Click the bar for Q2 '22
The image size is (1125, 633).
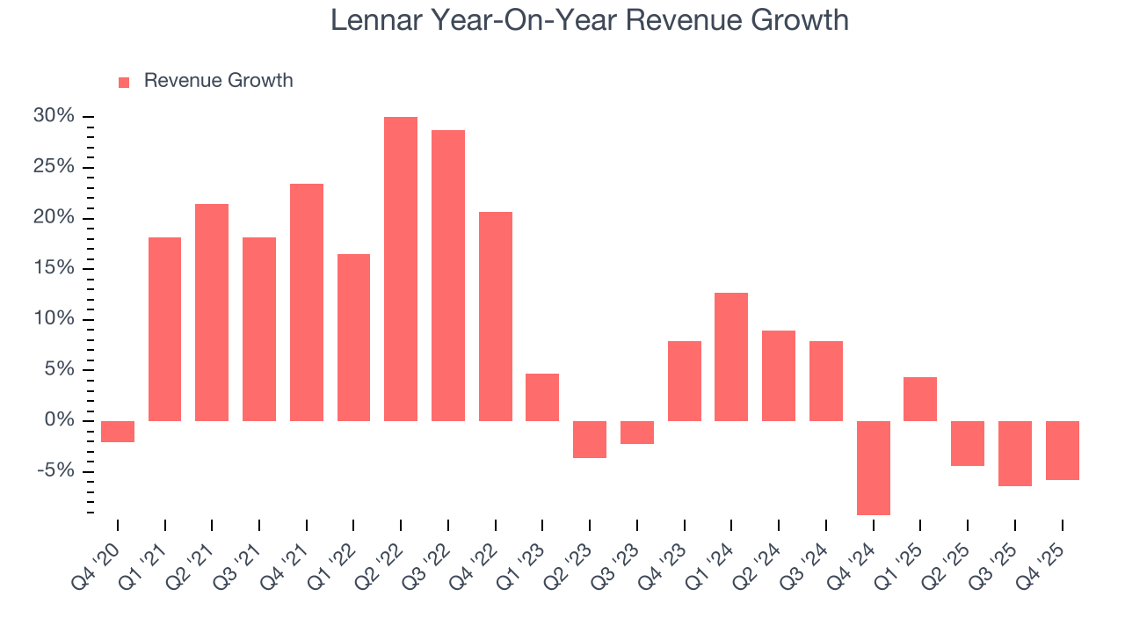pyautogui.click(x=401, y=268)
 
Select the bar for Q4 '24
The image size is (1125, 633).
pyautogui.click(x=874, y=468)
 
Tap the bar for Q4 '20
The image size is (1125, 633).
pyautogui.click(x=118, y=431)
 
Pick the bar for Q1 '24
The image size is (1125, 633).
pyautogui.click(x=731, y=356)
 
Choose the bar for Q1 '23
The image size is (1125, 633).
pyautogui.click(x=542, y=397)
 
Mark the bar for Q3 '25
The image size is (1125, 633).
pyautogui.click(x=1014, y=453)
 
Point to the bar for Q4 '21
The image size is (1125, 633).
pyautogui.click(x=307, y=302)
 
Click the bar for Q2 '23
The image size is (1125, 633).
pyautogui.click(x=590, y=439)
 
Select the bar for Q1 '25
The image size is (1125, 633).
pyautogui.click(x=920, y=398)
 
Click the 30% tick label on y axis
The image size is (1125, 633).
pyautogui.click(x=54, y=116)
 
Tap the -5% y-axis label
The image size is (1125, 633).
pyautogui.click(x=56, y=470)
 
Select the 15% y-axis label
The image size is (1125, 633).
pyautogui.click(x=54, y=268)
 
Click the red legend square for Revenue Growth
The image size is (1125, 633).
pyautogui.click(x=124, y=82)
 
